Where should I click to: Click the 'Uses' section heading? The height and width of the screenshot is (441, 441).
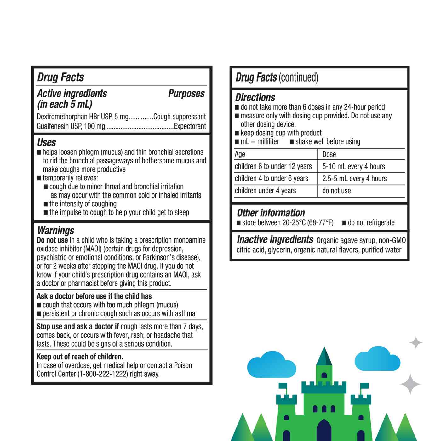47,143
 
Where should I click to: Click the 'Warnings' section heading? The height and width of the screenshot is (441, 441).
56,231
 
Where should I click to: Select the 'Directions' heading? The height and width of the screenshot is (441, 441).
255,97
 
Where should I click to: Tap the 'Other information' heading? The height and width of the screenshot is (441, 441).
271,213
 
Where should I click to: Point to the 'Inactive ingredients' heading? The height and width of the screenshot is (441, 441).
275,240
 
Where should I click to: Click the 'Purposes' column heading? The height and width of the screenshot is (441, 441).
186,94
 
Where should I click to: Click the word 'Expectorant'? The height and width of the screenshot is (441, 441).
190,126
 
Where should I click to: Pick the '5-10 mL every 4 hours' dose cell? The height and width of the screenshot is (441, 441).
353,166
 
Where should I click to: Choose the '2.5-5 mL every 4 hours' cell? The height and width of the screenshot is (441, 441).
354,179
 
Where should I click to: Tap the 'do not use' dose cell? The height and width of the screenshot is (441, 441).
336,191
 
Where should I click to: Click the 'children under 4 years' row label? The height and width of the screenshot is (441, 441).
265,191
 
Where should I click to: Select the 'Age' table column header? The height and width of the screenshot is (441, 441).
240,154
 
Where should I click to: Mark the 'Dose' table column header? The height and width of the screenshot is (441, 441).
329,154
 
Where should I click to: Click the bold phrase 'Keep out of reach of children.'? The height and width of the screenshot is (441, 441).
80,357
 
